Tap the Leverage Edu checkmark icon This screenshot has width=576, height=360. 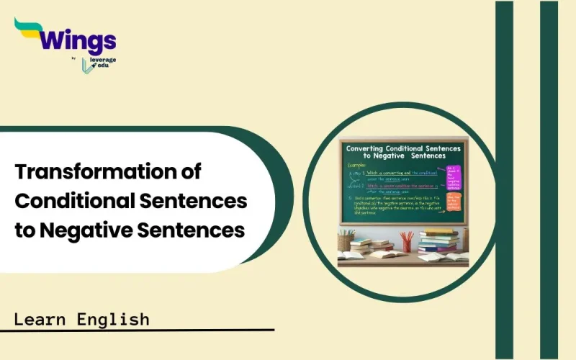click(x=87, y=65)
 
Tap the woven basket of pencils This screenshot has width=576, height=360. click(x=346, y=240)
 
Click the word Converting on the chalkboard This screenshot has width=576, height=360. click(x=374, y=147)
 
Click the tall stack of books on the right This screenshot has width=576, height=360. click(x=438, y=241)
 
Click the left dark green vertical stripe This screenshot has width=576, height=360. click(x=503, y=180)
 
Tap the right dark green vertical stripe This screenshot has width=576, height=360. click(x=549, y=180)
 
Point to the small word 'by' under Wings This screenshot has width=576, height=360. click(x=74, y=58)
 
